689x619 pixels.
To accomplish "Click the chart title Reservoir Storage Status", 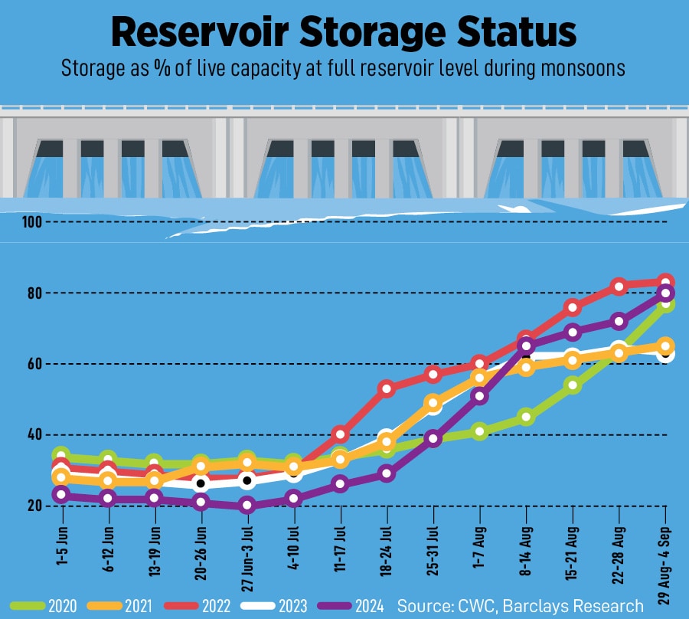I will click(x=344, y=32).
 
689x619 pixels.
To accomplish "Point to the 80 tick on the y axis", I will click(x=34, y=293).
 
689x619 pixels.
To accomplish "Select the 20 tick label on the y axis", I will click(x=34, y=506).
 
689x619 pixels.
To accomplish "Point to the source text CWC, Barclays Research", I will click(x=520, y=606).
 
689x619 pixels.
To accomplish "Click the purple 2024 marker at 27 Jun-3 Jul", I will click(x=247, y=505).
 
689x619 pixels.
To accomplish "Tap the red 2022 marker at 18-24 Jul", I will click(x=387, y=388).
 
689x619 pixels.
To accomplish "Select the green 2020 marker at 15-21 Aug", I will click(x=572, y=385).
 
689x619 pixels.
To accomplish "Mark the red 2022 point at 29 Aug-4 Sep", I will click(x=666, y=282).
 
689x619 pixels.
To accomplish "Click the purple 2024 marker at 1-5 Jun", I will click(x=61, y=495).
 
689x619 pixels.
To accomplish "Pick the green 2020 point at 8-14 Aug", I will click(x=526, y=418).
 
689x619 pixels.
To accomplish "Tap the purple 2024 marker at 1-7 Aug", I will click(x=480, y=396).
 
